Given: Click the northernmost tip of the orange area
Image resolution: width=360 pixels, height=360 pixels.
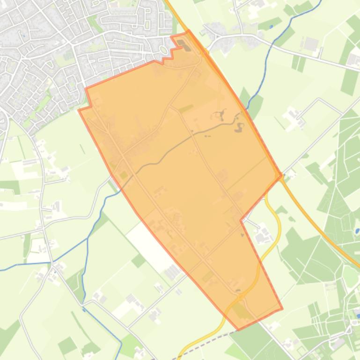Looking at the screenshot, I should point(188,31).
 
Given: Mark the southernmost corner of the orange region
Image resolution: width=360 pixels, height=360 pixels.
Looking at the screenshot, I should point(239,330).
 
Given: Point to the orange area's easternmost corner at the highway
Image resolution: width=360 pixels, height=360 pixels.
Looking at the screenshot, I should point(281,176).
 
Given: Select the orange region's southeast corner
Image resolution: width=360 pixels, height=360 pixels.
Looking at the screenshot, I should point(282,309).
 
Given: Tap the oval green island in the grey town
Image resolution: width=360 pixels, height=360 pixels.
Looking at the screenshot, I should point(163,50).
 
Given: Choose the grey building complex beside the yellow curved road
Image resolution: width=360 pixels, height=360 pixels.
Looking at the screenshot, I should point(264,232).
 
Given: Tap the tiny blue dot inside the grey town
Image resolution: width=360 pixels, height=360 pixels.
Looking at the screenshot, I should point(23,35).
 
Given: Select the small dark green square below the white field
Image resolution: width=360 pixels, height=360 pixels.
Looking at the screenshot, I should point(139,260).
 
